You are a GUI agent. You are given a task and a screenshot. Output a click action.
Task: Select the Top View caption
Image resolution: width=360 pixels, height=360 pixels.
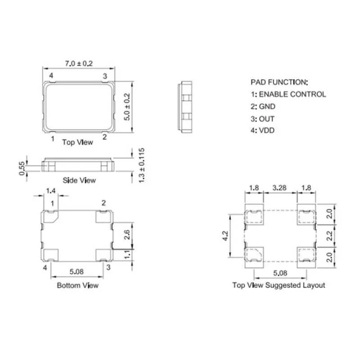coord(77,142)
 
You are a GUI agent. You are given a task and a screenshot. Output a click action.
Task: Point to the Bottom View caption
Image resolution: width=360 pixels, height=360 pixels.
coord(77,285)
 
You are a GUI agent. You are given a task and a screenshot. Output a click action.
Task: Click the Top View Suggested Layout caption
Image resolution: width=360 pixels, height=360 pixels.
coord(279,285)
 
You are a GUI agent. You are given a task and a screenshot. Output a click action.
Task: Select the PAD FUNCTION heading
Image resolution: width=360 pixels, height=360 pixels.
coord(279,82)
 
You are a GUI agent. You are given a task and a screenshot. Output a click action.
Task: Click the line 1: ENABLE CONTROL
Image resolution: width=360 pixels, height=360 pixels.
coord(288,94)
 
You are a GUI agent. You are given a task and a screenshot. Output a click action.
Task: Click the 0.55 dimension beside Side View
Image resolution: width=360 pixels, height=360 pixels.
coord(21,167)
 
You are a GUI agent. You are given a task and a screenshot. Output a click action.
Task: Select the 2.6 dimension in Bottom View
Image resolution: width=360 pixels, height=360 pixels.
coord(126,234)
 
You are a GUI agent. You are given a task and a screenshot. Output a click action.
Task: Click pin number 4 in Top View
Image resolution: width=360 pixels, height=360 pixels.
coord(51,76)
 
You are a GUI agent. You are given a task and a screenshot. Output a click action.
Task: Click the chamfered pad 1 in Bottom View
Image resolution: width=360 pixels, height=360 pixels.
coord(52,216)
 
